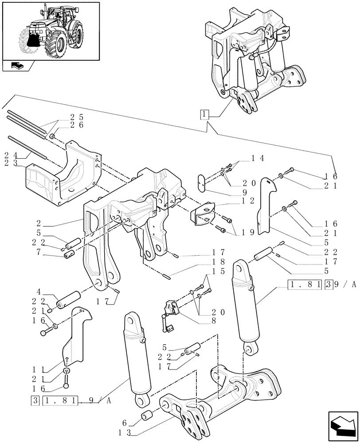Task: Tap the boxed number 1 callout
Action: click(203, 116)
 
